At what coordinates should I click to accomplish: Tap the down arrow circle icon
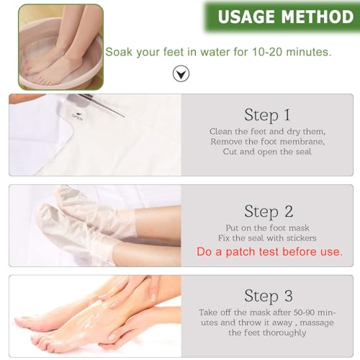tap(181, 73)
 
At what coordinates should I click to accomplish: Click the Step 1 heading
tap(268, 114)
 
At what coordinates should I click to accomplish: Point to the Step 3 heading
tap(268, 295)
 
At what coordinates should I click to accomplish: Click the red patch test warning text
tap(269, 252)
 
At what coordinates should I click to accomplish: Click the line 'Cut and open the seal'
tap(268, 153)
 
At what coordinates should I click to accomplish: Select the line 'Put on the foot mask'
tap(268, 228)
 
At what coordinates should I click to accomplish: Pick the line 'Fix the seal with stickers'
tap(268, 238)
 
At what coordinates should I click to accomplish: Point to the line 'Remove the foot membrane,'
tap(268, 143)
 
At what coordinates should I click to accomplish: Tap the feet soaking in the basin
tap(58, 47)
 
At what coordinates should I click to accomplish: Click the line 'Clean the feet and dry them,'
tap(268, 132)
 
